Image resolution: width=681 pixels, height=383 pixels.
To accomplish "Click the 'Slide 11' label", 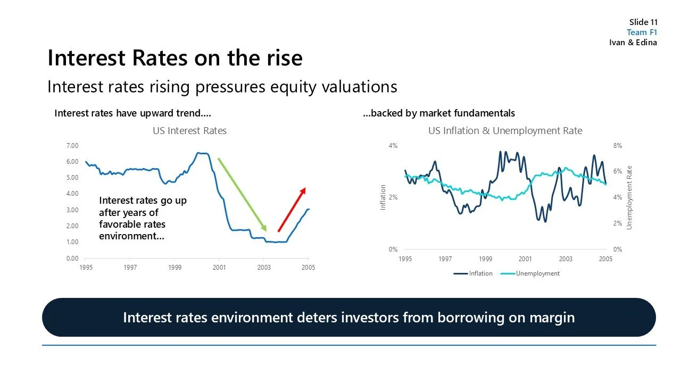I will pyautogui.click(x=643, y=22).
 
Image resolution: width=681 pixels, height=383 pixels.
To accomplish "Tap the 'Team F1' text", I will pyautogui.click(x=642, y=32).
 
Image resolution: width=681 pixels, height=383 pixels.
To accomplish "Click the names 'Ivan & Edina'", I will pyautogui.click(x=633, y=43).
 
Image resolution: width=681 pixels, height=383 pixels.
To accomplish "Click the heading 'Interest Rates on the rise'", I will pyautogui.click(x=175, y=58).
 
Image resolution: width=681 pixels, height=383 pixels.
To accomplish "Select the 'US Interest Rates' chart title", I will pyautogui.click(x=189, y=131).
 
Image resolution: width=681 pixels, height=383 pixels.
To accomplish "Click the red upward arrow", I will pyautogui.click(x=292, y=210).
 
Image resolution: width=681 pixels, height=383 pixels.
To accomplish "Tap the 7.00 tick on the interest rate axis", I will pyautogui.click(x=72, y=146).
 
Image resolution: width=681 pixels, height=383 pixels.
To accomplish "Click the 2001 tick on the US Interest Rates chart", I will pyautogui.click(x=219, y=268).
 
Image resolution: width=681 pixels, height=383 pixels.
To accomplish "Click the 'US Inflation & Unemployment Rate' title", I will pyautogui.click(x=505, y=131).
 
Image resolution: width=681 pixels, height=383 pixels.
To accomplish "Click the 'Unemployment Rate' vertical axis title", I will pyautogui.click(x=629, y=197).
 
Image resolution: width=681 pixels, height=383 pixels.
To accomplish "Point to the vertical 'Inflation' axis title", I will pyautogui.click(x=383, y=197).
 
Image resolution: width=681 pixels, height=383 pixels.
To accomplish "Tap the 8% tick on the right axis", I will pyautogui.click(x=618, y=146).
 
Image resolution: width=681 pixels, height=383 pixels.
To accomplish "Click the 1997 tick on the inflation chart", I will pyautogui.click(x=445, y=259).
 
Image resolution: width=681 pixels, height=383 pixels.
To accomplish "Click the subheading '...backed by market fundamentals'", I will pyautogui.click(x=438, y=113).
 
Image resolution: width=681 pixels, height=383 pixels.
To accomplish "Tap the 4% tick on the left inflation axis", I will pyautogui.click(x=393, y=146).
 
